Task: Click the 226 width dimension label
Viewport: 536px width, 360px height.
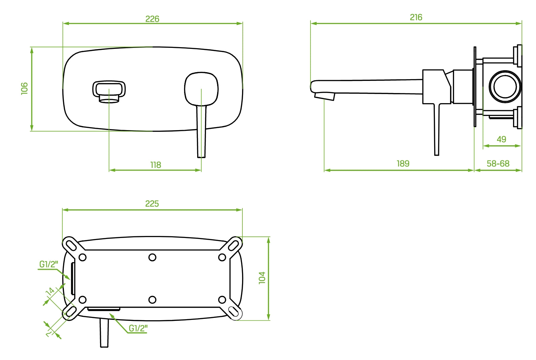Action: (152, 19)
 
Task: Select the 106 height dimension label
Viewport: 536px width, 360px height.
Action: (25, 88)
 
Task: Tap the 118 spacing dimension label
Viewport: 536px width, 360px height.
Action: (155, 165)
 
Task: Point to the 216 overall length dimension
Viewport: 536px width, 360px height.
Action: (416, 17)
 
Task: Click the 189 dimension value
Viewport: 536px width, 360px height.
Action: (403, 163)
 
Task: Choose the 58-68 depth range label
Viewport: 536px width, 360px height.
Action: (498, 163)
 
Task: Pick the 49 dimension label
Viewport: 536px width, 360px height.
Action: (501, 139)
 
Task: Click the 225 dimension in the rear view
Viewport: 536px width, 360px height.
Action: (152, 204)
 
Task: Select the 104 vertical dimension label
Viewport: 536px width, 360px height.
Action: (262, 278)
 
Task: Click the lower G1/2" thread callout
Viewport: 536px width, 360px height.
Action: (138, 328)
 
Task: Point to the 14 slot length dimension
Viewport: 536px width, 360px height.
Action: (50, 291)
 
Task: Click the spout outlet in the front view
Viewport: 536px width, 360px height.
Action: (109, 89)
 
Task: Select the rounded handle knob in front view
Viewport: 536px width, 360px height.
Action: (201, 89)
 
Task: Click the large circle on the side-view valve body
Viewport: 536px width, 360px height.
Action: (505, 87)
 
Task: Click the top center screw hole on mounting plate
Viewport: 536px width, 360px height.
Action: (152, 258)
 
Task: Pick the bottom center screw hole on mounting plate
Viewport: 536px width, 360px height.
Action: (152, 300)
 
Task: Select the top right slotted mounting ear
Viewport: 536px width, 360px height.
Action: (233, 245)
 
